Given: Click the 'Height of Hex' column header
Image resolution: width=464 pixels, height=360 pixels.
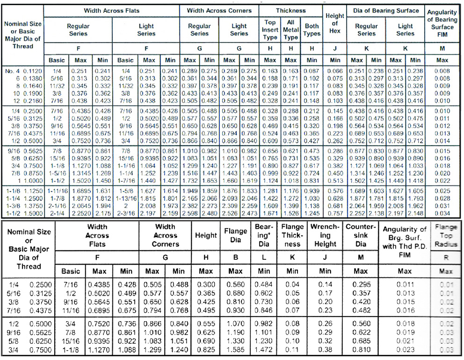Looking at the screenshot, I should point(334,23).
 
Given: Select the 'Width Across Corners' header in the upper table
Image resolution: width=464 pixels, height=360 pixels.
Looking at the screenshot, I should point(219,10).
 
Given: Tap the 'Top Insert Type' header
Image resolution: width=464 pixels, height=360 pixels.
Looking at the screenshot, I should point(270,29).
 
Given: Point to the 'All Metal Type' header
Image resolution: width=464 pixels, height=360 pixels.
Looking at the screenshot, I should point(290,29).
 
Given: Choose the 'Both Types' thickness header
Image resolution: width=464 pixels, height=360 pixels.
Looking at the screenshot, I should point(312,29).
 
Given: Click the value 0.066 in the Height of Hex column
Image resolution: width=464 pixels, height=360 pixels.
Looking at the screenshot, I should point(334,70).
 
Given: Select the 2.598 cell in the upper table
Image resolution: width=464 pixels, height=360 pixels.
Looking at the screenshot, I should point(189,213).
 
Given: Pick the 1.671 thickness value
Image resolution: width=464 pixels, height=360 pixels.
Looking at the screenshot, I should point(270,213).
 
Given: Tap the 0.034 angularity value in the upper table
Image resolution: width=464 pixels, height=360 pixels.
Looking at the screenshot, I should point(442,213).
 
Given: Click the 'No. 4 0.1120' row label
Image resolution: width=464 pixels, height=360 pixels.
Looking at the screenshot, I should point(22,70).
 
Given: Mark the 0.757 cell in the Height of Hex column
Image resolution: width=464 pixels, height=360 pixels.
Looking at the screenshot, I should point(334,213).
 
